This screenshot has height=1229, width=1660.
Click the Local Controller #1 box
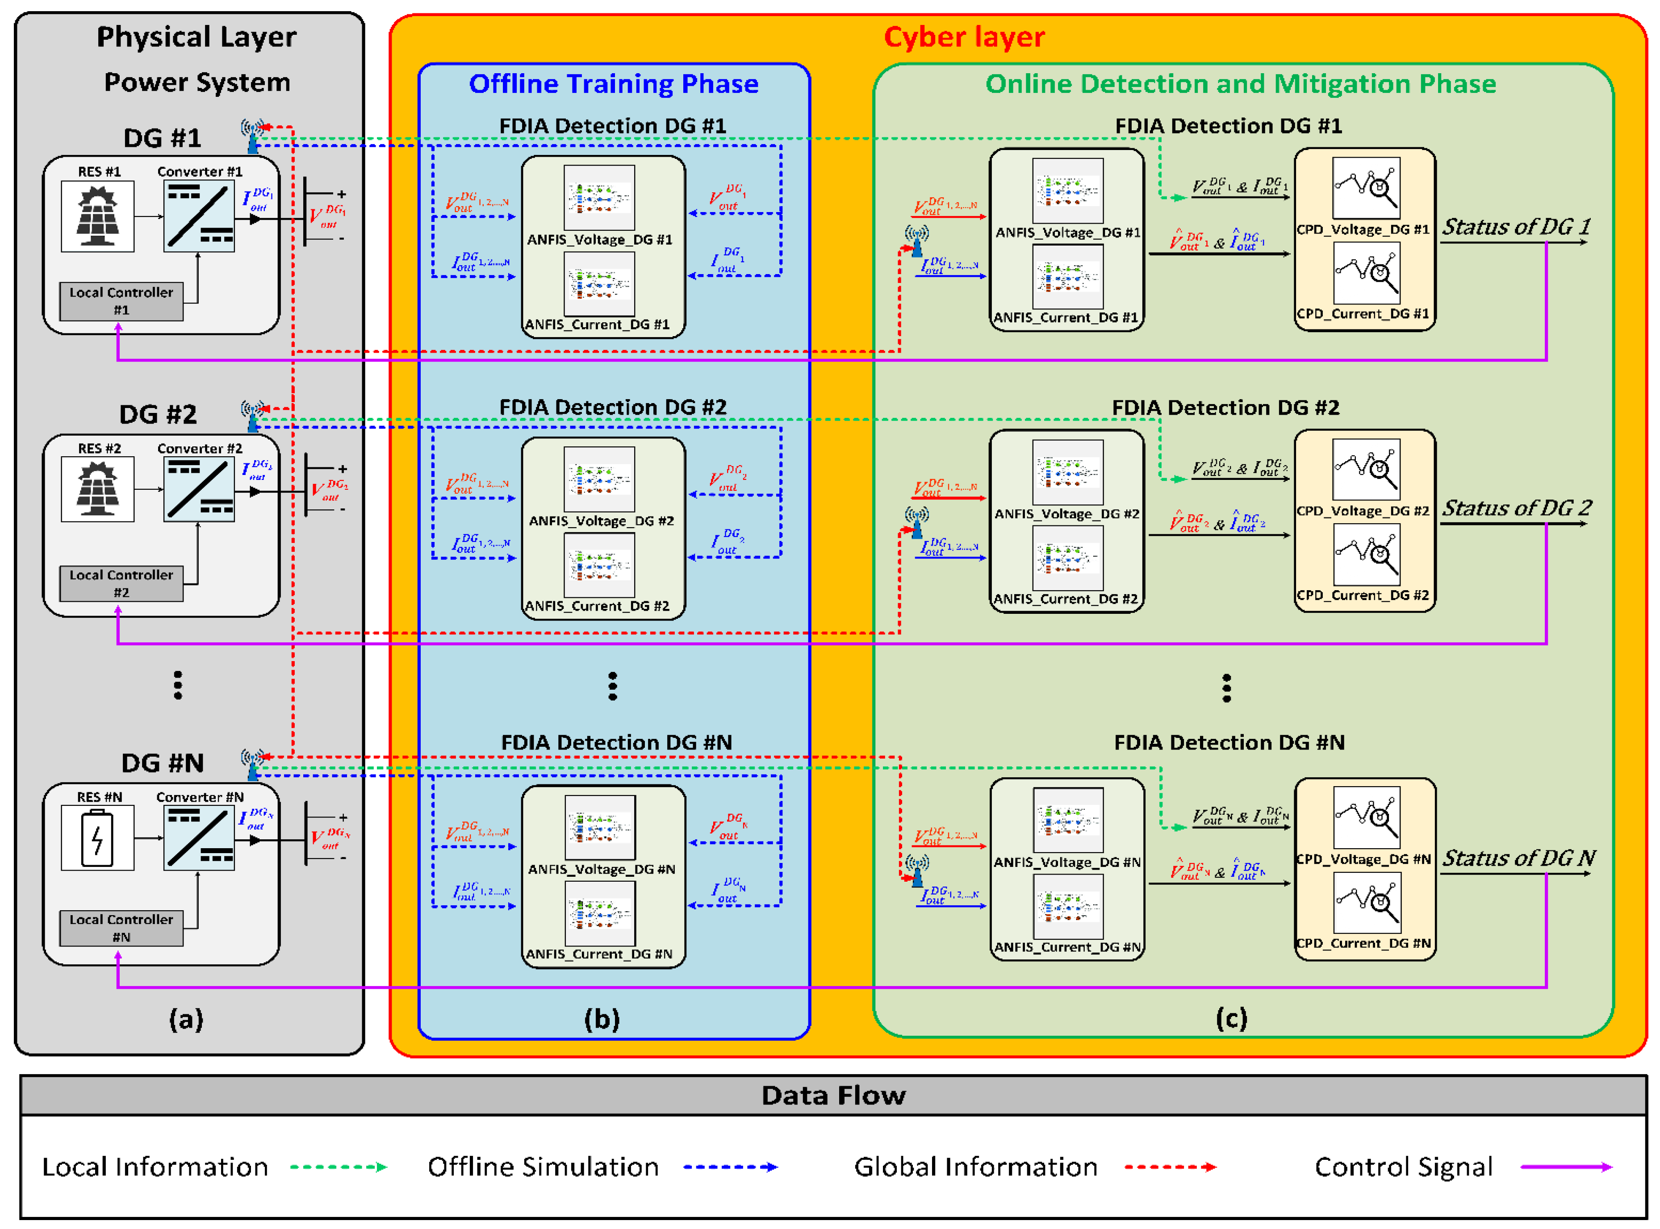pyautogui.click(x=121, y=301)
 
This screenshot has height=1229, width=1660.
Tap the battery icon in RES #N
pyautogui.click(x=97, y=839)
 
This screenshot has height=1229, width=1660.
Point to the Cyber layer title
pyautogui.click(x=964, y=37)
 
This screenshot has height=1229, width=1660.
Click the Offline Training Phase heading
pyautogui.click(x=613, y=84)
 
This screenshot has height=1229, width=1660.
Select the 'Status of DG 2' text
pyautogui.click(x=1516, y=508)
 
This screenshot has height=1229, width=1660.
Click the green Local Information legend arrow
pyautogui.click(x=339, y=1167)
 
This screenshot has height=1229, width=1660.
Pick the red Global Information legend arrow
pyautogui.click(x=1170, y=1167)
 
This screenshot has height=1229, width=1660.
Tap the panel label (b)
pyautogui.click(x=601, y=1018)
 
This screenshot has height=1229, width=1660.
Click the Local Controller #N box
pyautogui.click(x=121, y=928)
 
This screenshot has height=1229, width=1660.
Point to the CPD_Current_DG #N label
pyautogui.click(x=1363, y=943)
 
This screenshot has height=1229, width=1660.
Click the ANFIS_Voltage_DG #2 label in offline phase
pyautogui.click(x=601, y=521)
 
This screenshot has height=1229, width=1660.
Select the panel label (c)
pyautogui.click(x=1231, y=1018)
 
